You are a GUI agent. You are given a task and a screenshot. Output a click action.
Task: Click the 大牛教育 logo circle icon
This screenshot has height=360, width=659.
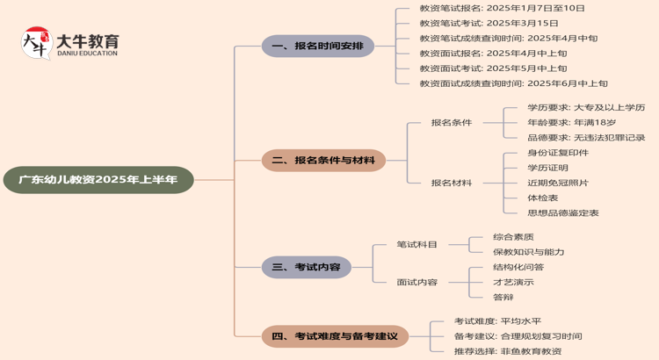pyautogui.click(x=36, y=42)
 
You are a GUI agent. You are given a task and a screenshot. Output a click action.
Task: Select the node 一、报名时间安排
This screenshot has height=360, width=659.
pyautogui.click(x=317, y=46)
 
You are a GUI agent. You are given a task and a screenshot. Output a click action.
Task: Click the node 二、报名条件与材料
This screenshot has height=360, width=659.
pyautogui.click(x=323, y=161)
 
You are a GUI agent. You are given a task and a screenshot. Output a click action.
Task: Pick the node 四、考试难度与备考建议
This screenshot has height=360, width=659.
pyautogui.click(x=335, y=335)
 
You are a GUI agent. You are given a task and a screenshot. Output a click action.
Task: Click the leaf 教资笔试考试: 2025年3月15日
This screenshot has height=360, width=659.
pyautogui.click(x=489, y=23)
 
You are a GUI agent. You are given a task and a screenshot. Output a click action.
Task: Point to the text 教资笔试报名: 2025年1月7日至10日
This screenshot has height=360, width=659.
pyautogui.click(x=502, y=8)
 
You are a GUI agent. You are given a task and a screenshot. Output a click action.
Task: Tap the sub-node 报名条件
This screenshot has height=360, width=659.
pyautogui.click(x=451, y=122)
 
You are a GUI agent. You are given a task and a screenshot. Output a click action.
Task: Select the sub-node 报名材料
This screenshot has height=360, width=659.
pyautogui.click(x=451, y=183)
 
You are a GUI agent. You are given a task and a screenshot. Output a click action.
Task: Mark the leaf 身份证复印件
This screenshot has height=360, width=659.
pyautogui.click(x=558, y=153)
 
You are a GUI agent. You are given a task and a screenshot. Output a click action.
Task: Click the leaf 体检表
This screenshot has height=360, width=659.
pyautogui.click(x=542, y=198)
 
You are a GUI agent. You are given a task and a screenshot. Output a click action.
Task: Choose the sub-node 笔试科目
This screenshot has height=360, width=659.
pyautogui.click(x=416, y=244)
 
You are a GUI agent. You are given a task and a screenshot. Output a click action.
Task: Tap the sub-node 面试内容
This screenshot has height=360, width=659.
pyautogui.click(x=416, y=282)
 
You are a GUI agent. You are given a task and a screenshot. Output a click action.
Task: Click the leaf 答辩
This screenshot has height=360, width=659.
pyautogui.click(x=503, y=297)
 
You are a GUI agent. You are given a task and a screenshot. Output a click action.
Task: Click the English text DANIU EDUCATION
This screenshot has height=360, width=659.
pyautogui.click(x=86, y=54)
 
